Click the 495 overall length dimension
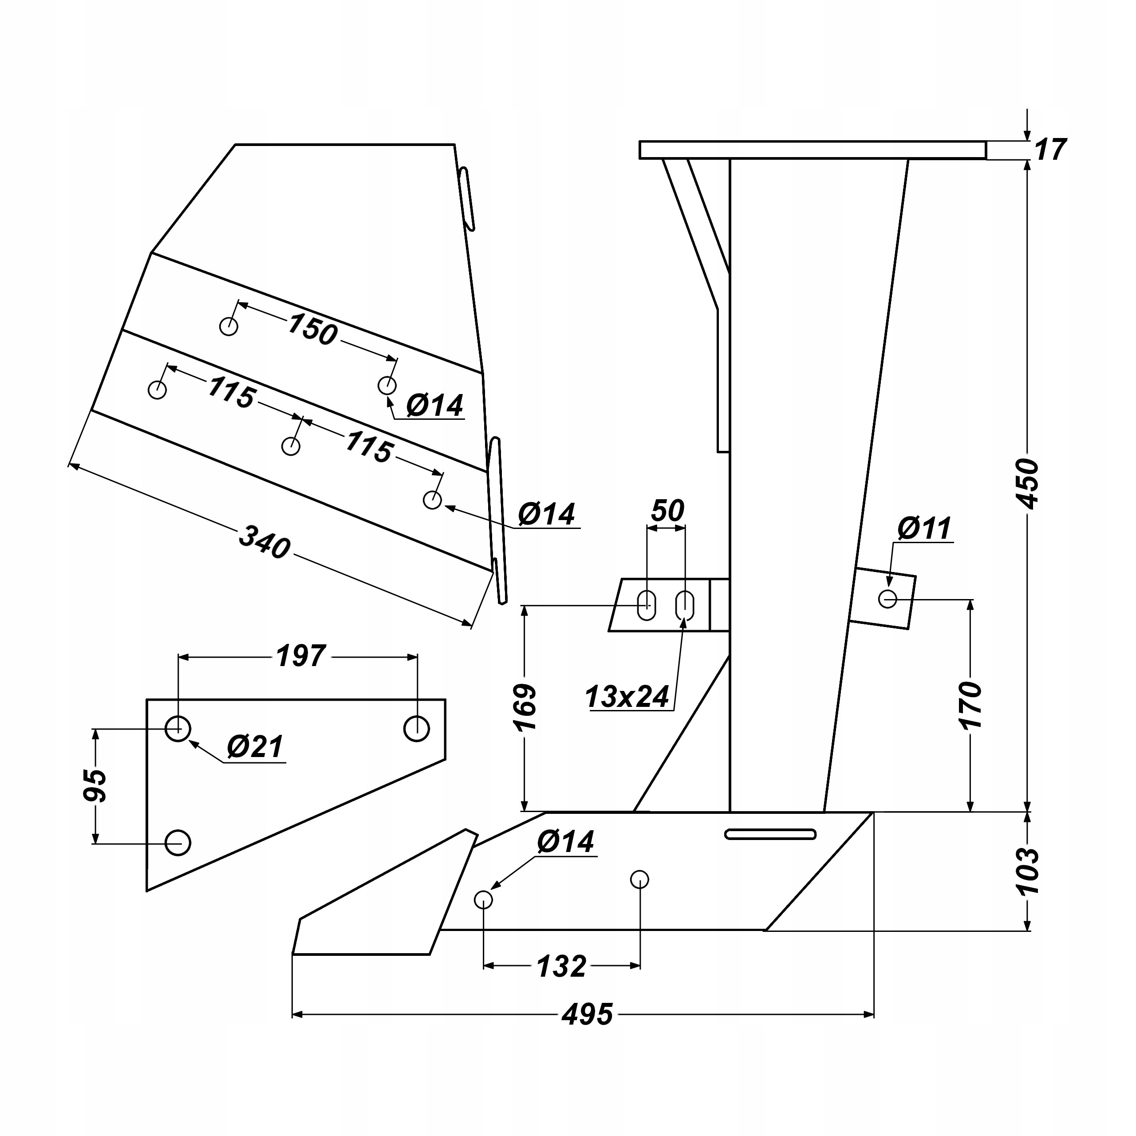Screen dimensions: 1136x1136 pos(587,1014)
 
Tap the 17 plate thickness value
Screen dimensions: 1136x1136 pos(1049,150)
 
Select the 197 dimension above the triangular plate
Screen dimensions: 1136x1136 pos(300,656)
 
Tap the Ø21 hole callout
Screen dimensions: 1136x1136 pos(255,747)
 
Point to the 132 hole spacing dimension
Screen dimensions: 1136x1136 pos(561,966)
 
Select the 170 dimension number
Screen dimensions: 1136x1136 pos(970,706)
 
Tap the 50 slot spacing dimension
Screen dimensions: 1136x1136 pos(667,511)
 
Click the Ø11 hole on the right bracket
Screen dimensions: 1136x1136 pos(887,599)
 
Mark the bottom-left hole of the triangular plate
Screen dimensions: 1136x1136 pos(177,843)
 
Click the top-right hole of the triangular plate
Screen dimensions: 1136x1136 pos(416,729)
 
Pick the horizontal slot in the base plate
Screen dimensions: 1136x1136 pos(770,834)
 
